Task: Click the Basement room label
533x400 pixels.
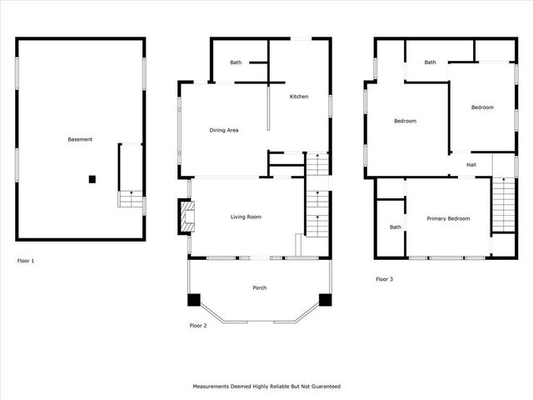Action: click(80, 139)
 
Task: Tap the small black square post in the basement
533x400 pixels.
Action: click(92, 178)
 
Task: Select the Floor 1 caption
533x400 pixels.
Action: click(26, 261)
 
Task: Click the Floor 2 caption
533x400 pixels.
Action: click(198, 325)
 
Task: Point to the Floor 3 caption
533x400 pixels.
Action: click(384, 279)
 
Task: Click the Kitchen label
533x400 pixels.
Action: click(298, 97)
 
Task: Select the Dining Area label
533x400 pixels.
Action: click(224, 130)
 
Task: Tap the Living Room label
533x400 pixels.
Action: click(246, 217)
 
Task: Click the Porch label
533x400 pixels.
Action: click(259, 288)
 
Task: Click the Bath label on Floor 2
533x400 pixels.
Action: click(236, 62)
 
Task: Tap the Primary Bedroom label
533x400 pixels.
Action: click(448, 218)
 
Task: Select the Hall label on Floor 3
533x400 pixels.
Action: click(471, 165)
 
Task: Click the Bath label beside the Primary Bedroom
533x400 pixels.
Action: click(395, 227)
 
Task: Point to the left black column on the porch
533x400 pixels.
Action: click(194, 300)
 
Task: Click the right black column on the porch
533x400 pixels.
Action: click(325, 300)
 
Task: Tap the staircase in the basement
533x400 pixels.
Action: click(129, 198)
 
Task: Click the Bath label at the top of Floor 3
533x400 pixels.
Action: click(430, 62)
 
